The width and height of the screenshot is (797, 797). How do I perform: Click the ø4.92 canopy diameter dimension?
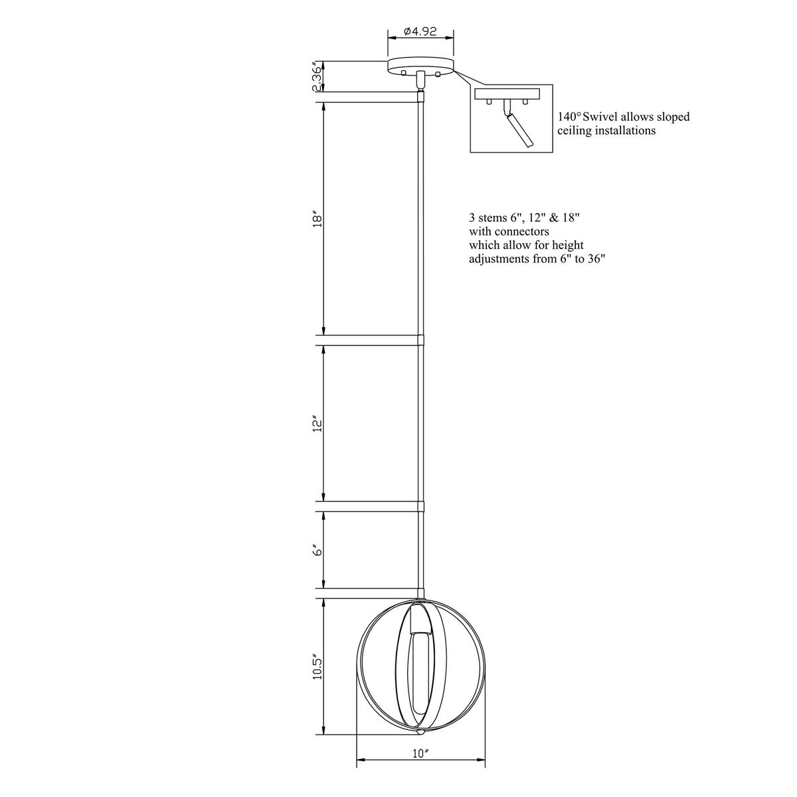pos(420,31)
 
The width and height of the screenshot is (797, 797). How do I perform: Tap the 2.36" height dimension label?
pos(317,76)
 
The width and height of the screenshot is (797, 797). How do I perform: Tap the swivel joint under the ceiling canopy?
pos(420,80)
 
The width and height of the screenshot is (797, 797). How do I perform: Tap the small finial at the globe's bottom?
pos(420,733)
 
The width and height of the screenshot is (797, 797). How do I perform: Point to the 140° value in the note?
pos(569,117)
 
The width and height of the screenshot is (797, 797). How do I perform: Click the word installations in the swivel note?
pos(623,131)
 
